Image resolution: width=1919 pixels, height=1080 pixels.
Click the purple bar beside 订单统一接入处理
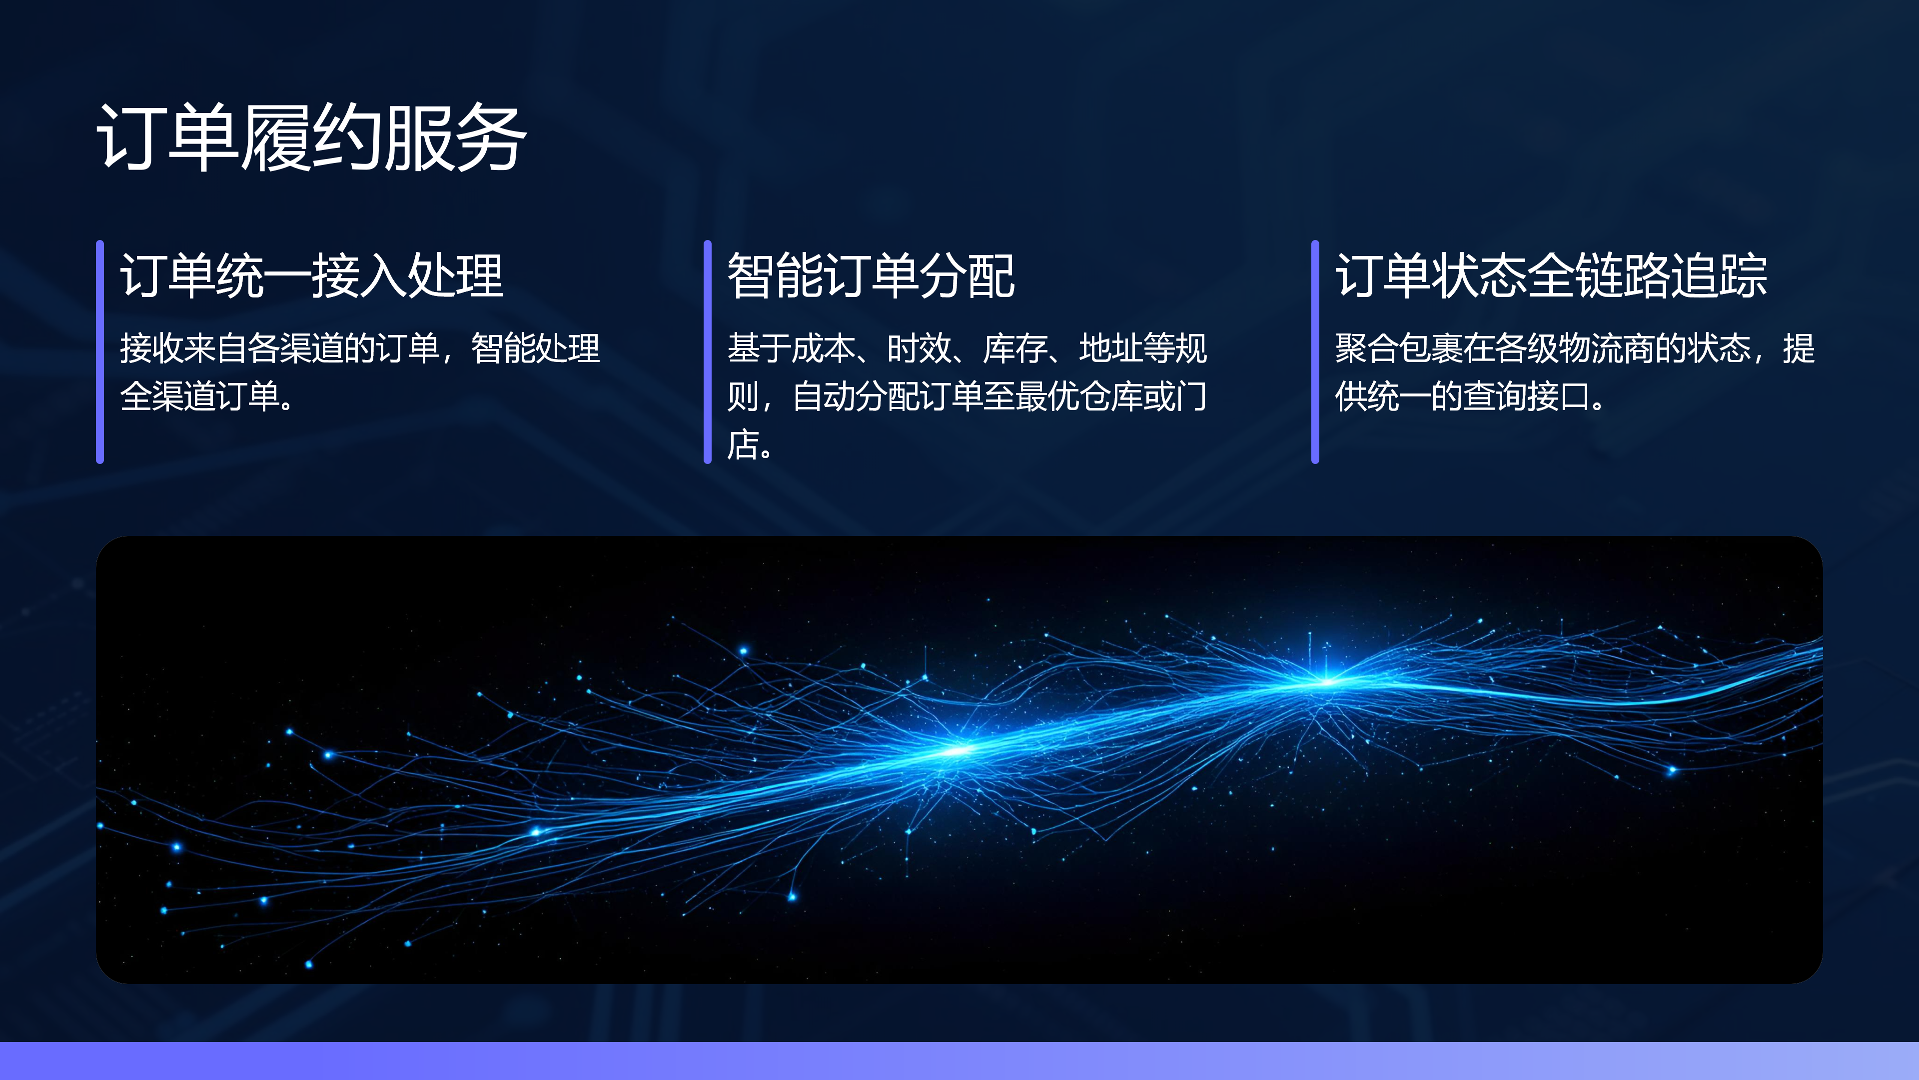100,352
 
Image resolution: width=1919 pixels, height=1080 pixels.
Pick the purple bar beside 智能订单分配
708,352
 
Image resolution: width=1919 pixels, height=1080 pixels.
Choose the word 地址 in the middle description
1111,348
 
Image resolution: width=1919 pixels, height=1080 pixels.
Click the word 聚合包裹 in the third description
1398,348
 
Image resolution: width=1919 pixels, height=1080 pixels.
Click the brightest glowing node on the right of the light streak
1325,680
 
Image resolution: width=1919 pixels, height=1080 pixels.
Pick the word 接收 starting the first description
152,348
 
